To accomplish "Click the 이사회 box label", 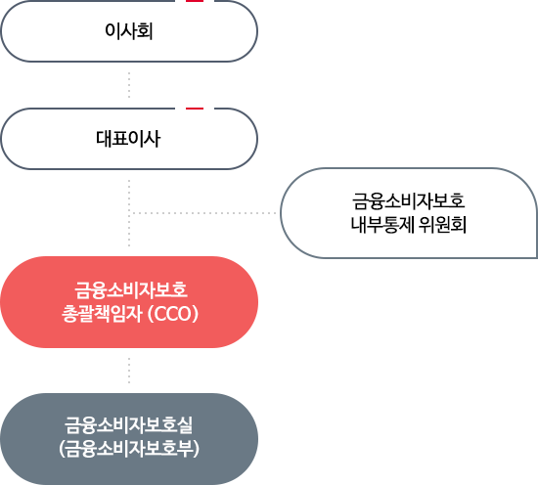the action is (129, 31).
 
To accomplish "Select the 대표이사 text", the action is (128, 139).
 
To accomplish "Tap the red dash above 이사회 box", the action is (195, 1).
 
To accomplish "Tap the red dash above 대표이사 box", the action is (195, 109).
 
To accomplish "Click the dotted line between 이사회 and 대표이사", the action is (129, 85).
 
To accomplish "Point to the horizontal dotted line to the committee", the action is (204, 213).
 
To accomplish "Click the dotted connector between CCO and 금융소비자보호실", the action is (129, 371).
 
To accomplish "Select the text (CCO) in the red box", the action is (172, 314).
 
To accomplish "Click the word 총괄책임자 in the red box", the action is (102, 314).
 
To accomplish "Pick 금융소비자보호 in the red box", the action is (131, 289).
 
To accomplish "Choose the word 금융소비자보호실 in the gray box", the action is (129, 425).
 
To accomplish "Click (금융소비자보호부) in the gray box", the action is (129, 449).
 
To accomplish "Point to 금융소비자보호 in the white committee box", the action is (408, 201).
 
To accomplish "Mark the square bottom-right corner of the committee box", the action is (537, 257).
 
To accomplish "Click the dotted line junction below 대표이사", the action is (129, 213).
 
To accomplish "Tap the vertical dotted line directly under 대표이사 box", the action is (129, 212).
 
